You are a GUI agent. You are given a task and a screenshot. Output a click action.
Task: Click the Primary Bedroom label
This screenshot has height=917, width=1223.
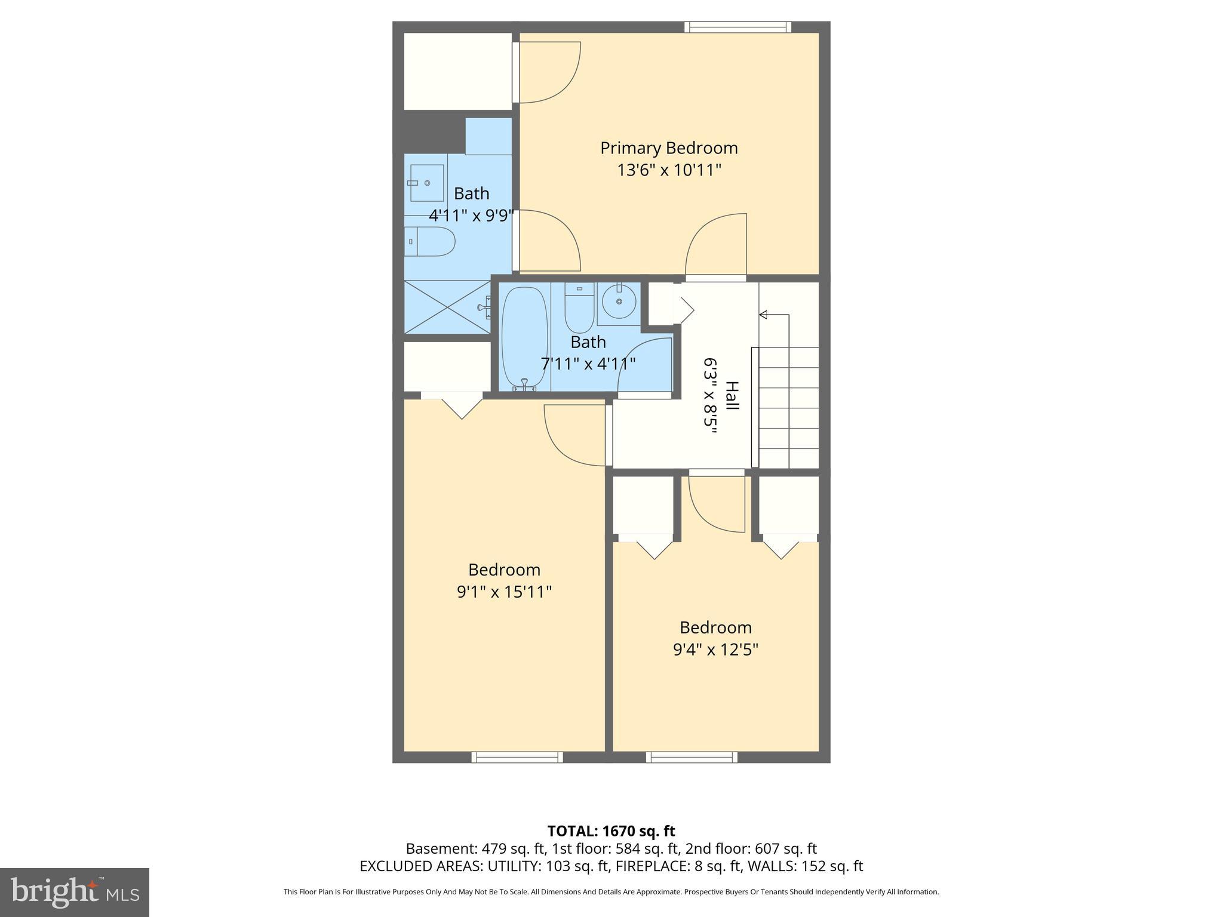(669, 148)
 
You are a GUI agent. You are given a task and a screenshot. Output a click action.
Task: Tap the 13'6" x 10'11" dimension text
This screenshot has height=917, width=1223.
(669, 170)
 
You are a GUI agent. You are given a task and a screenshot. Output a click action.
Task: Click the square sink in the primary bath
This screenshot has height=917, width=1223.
(427, 183)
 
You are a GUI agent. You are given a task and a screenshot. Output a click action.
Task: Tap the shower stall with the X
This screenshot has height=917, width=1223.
(447, 307)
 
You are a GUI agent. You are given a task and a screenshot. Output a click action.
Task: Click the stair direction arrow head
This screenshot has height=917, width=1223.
(763, 315)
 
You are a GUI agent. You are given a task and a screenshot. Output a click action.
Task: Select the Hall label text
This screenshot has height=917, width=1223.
(732, 395)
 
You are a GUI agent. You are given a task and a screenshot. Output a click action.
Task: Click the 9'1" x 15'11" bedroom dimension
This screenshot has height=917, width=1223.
(504, 592)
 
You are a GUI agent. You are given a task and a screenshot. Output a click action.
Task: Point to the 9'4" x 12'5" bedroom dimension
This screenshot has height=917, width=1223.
(715, 650)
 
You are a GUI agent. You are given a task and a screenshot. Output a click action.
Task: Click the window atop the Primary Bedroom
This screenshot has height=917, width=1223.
(738, 27)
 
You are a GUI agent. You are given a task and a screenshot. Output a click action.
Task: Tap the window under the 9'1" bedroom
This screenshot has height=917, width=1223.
(517, 757)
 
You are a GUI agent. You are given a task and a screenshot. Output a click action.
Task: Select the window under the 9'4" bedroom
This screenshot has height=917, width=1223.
(692, 757)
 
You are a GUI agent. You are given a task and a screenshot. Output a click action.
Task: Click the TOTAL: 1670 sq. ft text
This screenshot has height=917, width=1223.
(611, 831)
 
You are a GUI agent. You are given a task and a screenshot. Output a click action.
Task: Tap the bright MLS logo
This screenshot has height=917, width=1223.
(74, 893)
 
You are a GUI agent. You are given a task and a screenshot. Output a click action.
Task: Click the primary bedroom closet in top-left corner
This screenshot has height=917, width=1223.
(457, 72)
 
